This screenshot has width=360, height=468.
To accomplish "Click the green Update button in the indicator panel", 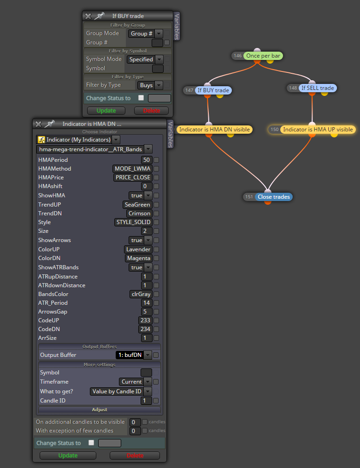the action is (68, 456).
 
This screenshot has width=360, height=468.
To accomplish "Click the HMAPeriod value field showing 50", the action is (147, 160).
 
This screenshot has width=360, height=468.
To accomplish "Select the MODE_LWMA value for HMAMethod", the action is (132, 169).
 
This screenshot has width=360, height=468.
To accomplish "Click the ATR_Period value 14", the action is (147, 303).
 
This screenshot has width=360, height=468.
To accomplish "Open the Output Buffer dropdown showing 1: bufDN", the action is (134, 355).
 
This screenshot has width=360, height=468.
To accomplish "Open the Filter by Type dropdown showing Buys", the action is (150, 85).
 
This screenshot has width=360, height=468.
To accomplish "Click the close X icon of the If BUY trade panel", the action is (88, 16).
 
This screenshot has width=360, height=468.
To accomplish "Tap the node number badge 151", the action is (249, 197).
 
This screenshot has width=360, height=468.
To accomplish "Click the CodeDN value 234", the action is (145, 329).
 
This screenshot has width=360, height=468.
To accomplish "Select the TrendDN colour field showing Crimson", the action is (139, 213).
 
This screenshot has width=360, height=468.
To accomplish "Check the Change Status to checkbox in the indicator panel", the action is (91, 443).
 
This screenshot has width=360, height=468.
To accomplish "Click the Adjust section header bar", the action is (100, 410).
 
